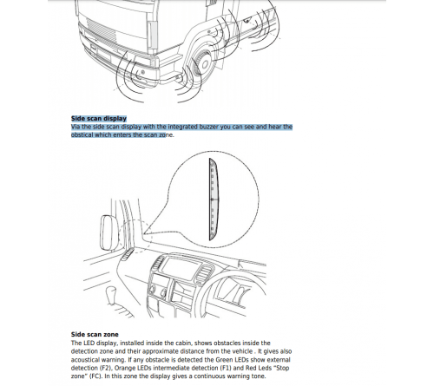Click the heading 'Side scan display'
click(x=99, y=119)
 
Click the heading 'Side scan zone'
click(x=95, y=333)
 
